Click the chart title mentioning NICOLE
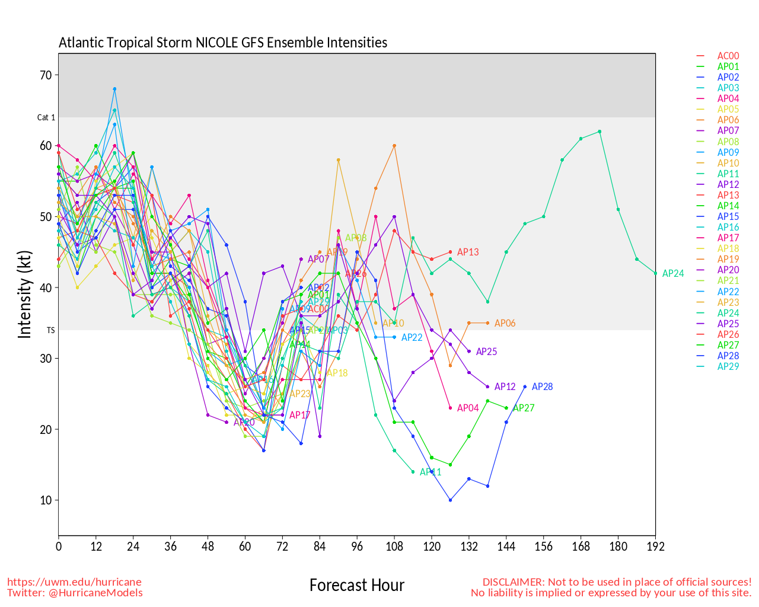tap(223, 43)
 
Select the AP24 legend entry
tap(728, 313)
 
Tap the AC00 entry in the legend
tap(728, 56)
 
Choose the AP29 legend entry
tap(728, 366)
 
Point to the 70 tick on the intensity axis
tap(46, 75)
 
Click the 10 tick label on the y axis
tap(46, 500)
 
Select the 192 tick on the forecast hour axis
tap(655, 547)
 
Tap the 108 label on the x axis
tap(394, 547)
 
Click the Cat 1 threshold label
tap(46, 117)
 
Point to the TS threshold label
tap(50, 330)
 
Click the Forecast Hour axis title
tap(357, 586)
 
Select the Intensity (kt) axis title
tap(24, 295)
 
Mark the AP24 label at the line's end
tap(673, 274)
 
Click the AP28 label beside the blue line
tap(542, 387)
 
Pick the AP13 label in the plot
tap(468, 253)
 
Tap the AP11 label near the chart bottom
tap(430, 472)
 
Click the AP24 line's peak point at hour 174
tap(599, 132)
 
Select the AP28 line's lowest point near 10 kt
tap(451, 500)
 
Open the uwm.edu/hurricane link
tap(74, 582)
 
